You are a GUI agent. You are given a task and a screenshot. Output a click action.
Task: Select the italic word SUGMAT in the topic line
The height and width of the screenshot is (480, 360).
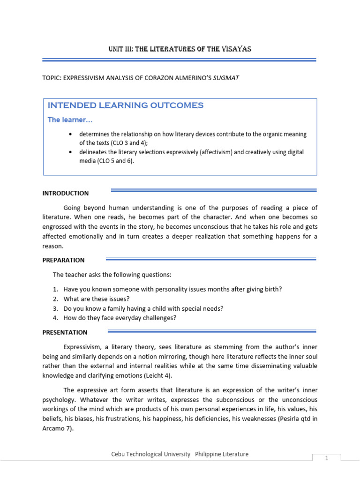(x=227, y=78)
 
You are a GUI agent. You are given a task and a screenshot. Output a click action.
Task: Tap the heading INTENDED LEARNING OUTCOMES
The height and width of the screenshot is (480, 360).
(x=126, y=105)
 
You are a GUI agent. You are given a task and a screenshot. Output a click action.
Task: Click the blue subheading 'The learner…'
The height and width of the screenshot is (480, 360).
(x=67, y=120)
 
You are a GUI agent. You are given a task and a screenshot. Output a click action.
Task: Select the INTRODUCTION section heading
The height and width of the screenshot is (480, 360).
(x=65, y=193)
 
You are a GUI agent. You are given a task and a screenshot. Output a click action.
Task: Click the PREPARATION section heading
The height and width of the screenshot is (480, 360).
(x=64, y=260)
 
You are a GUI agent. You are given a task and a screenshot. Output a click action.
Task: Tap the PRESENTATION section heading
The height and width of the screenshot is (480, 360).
(x=65, y=332)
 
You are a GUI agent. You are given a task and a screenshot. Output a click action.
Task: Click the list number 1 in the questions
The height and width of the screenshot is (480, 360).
(x=55, y=290)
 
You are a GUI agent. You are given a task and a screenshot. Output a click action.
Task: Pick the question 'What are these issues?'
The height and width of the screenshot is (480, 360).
(x=97, y=299)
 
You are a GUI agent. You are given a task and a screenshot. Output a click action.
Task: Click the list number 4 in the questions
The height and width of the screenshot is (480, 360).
(x=55, y=318)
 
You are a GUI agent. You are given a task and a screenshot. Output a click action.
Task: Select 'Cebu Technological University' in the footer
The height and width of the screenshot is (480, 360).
(x=151, y=454)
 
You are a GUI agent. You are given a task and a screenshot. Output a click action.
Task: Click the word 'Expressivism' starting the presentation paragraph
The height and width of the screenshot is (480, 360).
(x=82, y=347)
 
